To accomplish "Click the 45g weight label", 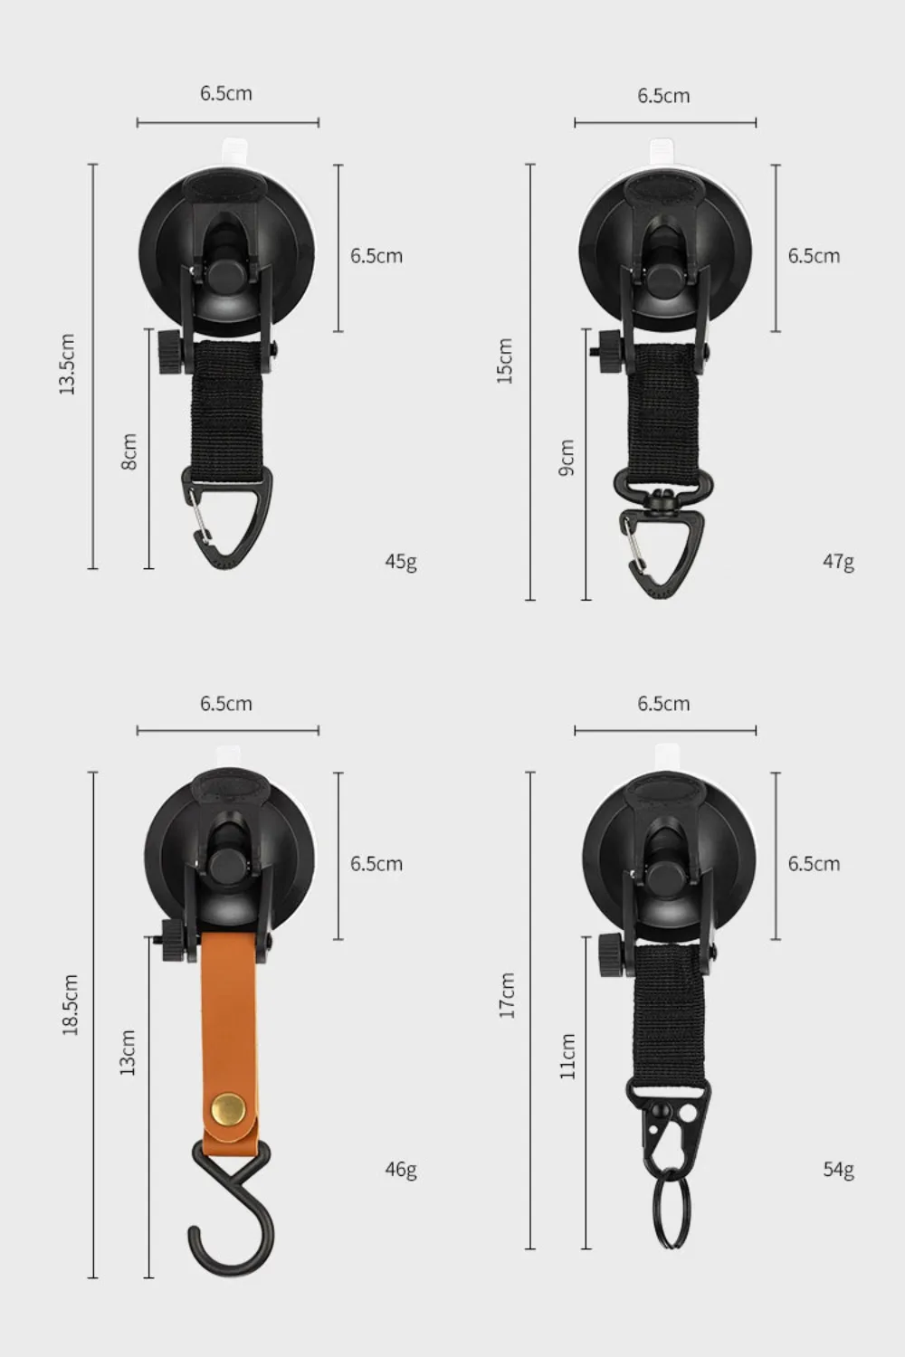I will (x=401, y=562).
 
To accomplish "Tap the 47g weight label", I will (x=838, y=562).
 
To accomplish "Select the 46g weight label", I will (x=401, y=1170).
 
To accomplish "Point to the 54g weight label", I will (x=838, y=1170).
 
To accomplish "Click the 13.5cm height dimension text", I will (x=67, y=364).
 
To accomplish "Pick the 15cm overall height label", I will (x=505, y=362).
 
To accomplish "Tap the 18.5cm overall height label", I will (x=71, y=1005).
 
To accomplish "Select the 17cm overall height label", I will (x=507, y=995).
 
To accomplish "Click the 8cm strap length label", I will (x=129, y=451).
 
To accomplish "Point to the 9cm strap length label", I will (x=567, y=458).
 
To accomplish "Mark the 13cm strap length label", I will (x=128, y=1053).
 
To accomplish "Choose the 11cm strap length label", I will (x=567, y=1056).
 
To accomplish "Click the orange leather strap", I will (x=233, y=1022).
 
